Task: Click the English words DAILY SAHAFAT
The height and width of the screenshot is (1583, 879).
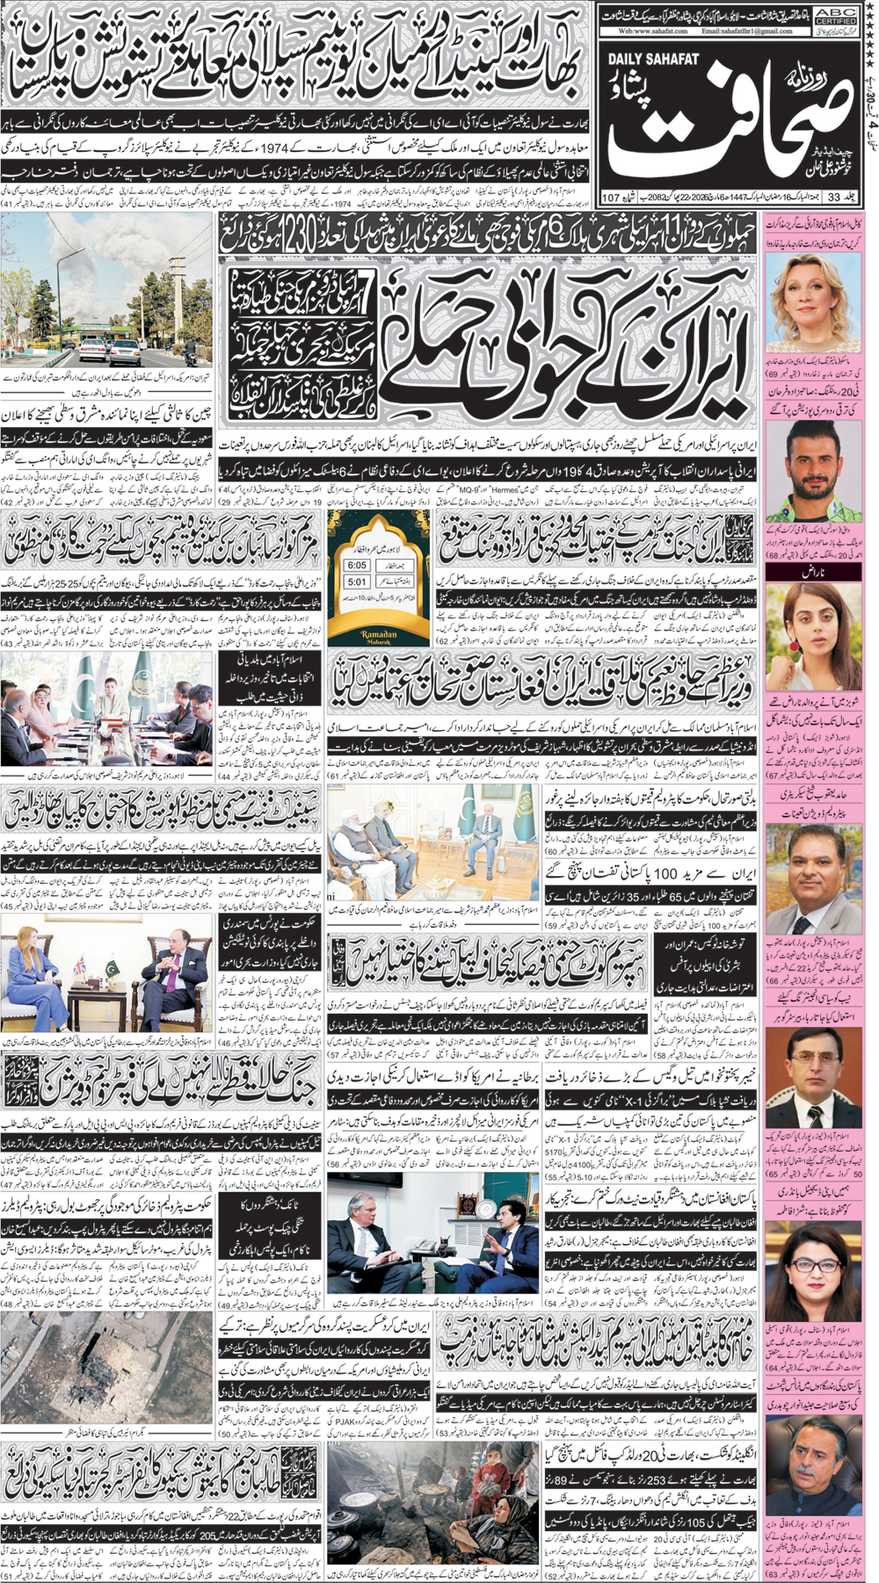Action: [x=652, y=59]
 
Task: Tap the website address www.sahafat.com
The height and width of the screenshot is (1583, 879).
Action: [x=651, y=31]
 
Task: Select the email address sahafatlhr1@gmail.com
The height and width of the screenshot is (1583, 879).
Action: [x=746, y=31]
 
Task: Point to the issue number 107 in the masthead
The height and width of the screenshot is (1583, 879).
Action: [x=612, y=197]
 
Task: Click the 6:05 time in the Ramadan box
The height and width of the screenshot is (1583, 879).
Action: [x=357, y=566]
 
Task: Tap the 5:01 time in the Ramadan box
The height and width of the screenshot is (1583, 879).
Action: [x=357, y=582]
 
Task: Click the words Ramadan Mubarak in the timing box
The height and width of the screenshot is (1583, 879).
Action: [x=379, y=636]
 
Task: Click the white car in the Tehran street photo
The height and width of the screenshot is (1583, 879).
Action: [x=124, y=351]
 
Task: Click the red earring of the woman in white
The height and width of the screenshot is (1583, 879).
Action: [x=794, y=646]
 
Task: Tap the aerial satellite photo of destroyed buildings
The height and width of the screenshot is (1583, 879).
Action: [x=105, y=1366]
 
